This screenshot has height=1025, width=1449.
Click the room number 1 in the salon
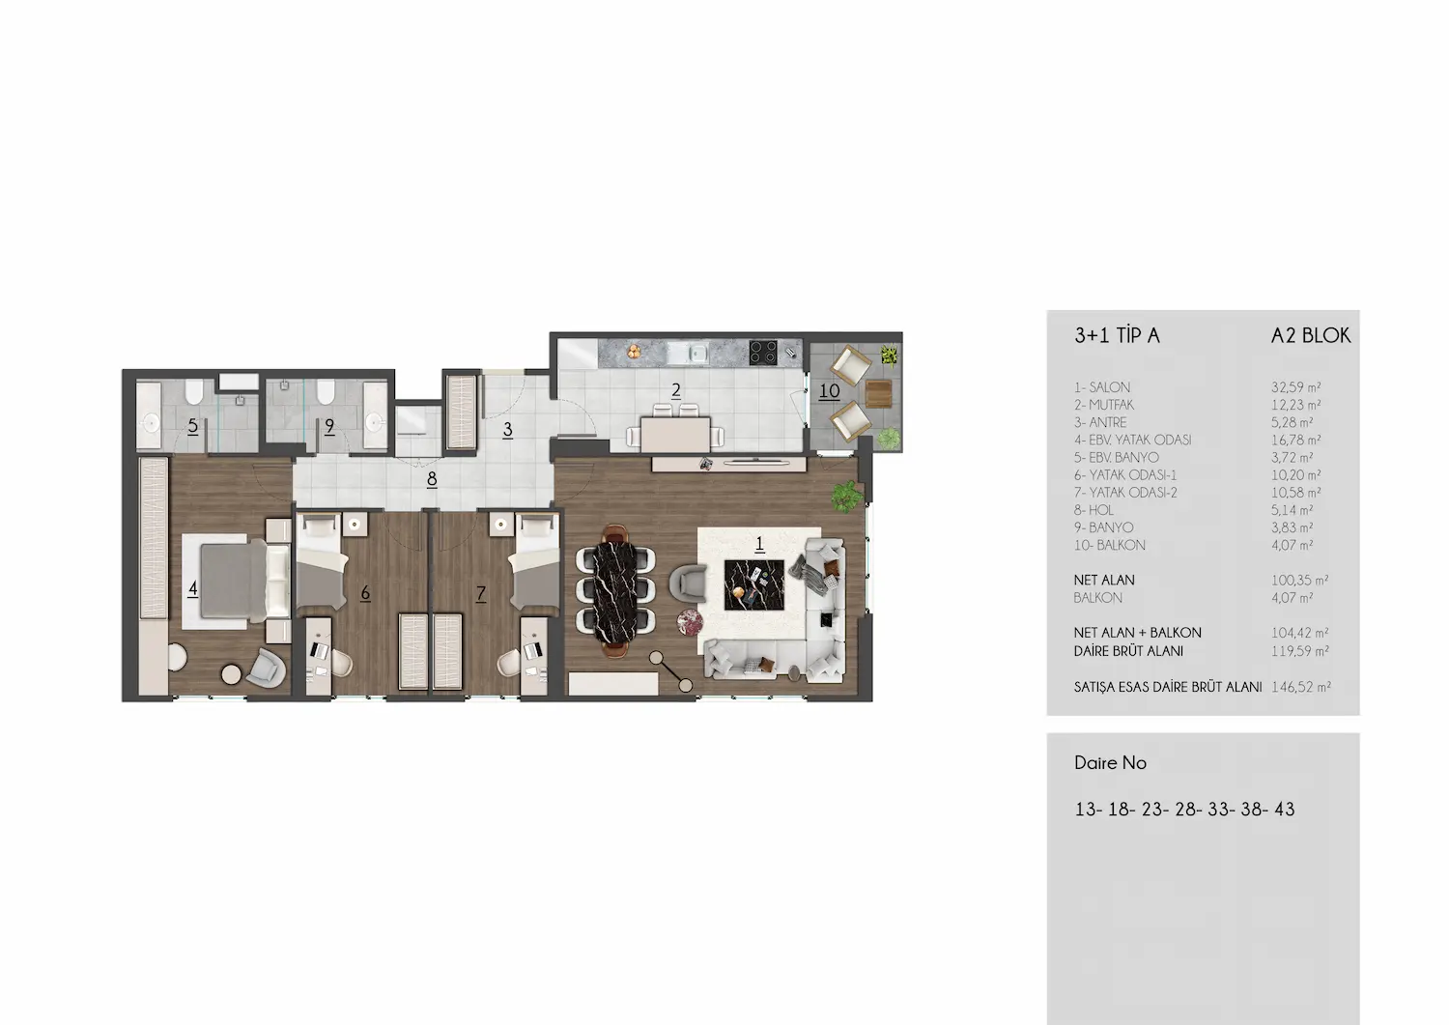tap(759, 544)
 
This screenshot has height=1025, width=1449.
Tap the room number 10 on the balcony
tap(829, 391)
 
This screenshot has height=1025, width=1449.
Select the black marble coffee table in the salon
tap(754, 585)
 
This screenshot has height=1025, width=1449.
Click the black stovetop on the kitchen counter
tap(763, 353)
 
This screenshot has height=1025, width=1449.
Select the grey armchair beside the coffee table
tap(688, 580)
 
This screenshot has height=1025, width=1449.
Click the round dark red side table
tap(690, 622)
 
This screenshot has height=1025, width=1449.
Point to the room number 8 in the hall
tap(432, 479)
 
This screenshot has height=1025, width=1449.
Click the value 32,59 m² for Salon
tap(1295, 387)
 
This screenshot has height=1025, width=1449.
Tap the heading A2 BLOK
tap(1311, 336)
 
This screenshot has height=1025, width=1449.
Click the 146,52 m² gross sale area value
tap(1301, 687)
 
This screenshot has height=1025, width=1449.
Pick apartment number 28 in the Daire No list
tap(1185, 810)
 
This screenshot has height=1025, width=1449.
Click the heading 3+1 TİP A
tap(1117, 336)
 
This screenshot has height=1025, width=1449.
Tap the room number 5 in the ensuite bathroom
tap(193, 426)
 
